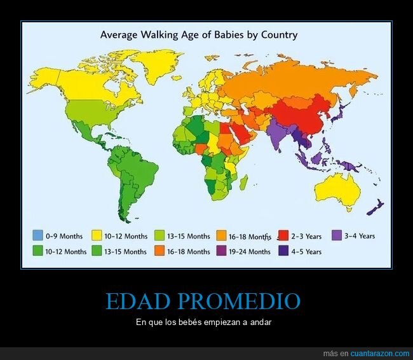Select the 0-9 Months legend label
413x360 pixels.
[x=64, y=236]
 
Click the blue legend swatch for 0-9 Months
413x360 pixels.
[x=37, y=236]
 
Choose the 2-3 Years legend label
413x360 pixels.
[x=306, y=237]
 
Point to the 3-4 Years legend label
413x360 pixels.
[x=360, y=236]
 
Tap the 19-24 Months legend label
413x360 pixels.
[x=250, y=251]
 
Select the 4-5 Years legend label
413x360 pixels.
[x=306, y=251]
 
